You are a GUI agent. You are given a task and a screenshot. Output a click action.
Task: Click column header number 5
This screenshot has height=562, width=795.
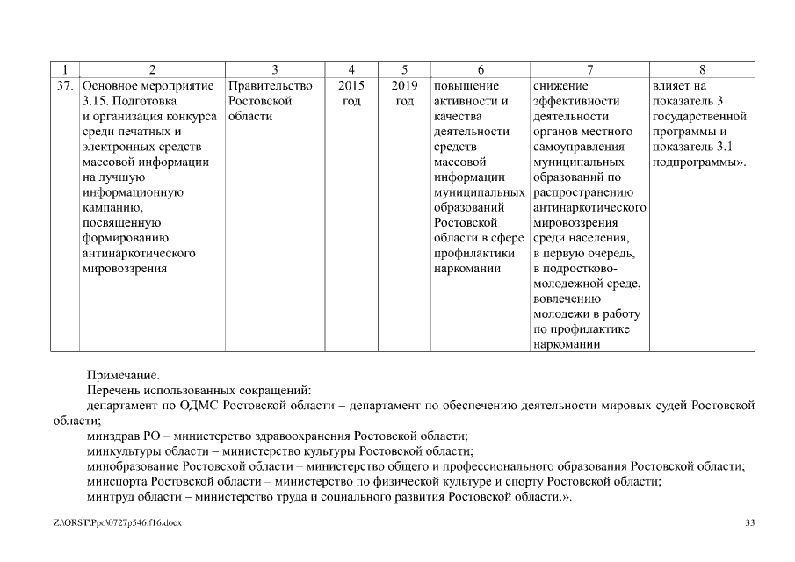[x=404, y=69]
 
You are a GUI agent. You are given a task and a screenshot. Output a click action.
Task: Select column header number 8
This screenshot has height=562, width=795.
[x=702, y=69]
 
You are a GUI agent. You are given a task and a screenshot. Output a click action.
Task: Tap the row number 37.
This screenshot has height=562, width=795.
[x=64, y=86]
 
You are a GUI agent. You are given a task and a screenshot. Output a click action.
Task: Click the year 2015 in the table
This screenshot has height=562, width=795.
[x=351, y=86]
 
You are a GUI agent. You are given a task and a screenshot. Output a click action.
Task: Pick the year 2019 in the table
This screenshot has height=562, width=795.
[x=404, y=86]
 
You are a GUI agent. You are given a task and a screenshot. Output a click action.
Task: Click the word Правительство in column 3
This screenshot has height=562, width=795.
[x=270, y=86]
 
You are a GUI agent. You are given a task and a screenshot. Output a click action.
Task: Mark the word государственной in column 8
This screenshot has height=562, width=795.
[x=699, y=117]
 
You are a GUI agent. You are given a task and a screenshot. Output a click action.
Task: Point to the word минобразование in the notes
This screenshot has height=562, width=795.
[x=130, y=466]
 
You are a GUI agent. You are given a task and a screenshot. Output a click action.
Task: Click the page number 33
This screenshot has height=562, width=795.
[x=749, y=524]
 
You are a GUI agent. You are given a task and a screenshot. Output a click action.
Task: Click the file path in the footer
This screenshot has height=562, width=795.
[x=117, y=524]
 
